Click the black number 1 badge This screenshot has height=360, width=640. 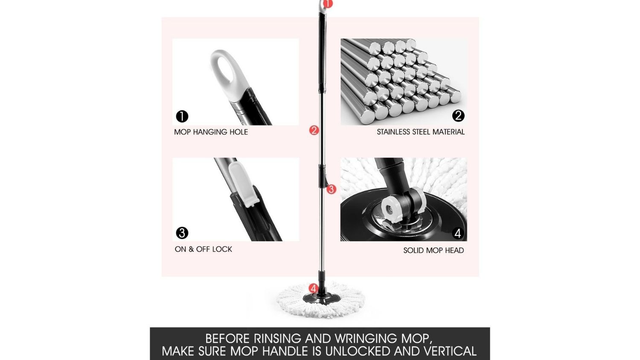click(182, 116)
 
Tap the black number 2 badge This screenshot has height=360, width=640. click(458, 116)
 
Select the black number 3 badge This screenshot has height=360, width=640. click(182, 233)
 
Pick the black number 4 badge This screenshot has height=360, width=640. click(458, 233)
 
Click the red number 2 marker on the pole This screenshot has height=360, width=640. click(314, 130)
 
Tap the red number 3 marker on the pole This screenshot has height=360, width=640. click(332, 189)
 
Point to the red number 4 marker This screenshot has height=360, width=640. click(314, 288)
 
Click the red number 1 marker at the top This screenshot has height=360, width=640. click(328, 4)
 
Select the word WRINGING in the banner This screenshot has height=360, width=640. click(366, 339)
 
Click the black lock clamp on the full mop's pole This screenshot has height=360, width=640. click(323, 176)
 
